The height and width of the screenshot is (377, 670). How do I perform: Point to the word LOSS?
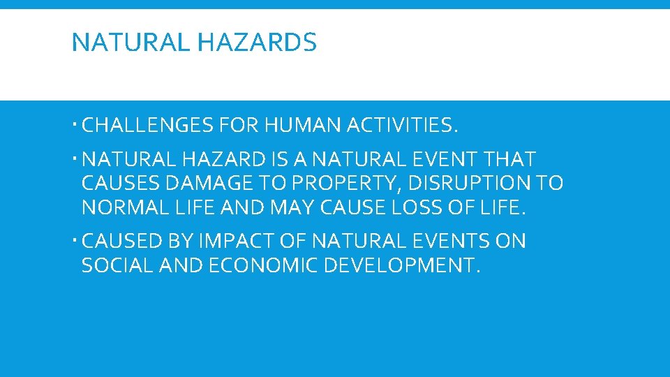pyautogui.click(x=414, y=207)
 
